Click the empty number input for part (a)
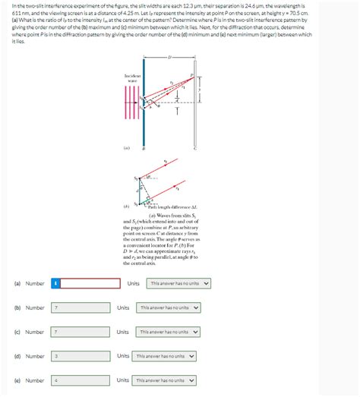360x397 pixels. pos(90,284)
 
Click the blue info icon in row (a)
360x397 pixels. pos(55,284)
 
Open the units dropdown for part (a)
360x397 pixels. pos(178,284)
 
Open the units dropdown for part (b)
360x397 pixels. pos(169,308)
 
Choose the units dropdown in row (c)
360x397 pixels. pos(169,332)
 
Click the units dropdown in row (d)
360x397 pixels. pos(166,356)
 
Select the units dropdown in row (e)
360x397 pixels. pos(166,380)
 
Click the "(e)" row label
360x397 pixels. pos(17,380)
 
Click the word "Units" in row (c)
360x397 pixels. pos(123,332)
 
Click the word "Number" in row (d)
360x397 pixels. pos(35,356)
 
